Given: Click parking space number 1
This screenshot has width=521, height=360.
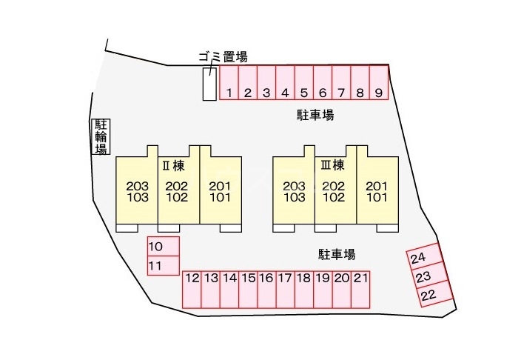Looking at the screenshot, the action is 229,82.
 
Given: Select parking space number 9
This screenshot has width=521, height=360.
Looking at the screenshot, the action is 379,82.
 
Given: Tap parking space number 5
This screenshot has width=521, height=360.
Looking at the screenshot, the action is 304,82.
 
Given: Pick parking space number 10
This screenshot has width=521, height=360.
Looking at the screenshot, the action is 164,247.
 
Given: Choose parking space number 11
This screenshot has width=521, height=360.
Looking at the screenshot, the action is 164,265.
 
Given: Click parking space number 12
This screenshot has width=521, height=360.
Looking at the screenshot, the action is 192,290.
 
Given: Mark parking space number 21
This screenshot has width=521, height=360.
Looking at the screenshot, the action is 360,290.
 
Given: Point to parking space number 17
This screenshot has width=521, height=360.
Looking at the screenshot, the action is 286,290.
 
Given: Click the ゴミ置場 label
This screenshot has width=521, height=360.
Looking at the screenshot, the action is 223,57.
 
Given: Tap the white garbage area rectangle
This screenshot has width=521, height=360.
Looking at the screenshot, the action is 209,84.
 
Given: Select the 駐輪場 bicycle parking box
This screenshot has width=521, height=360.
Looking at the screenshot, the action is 101,136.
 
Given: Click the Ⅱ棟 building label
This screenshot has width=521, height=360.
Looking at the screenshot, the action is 173,165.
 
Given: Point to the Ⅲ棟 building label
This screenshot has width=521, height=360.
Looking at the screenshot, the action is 332,165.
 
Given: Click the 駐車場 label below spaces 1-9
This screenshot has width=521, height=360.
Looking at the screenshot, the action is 315,115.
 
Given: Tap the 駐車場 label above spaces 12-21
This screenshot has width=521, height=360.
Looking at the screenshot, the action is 337,255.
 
